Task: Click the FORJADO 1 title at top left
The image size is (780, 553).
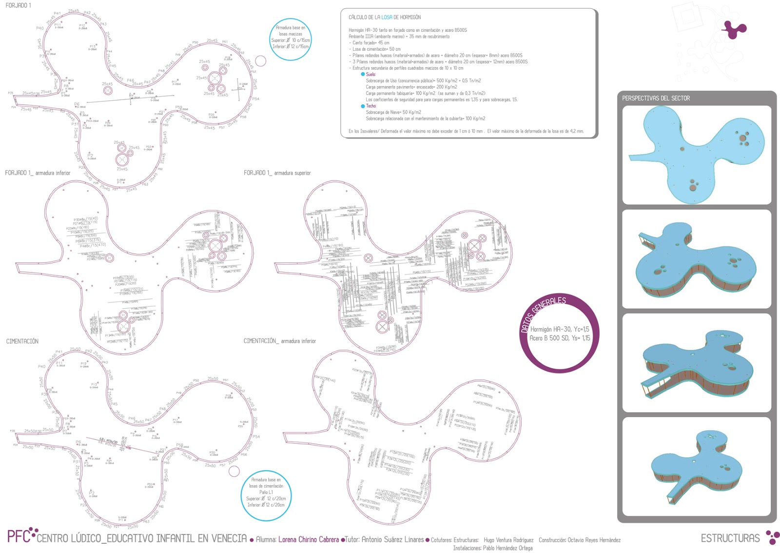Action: pyautogui.click(x=18, y=5)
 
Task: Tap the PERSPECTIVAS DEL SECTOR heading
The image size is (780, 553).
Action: pyautogui.click(x=656, y=99)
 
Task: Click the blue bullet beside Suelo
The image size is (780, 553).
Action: pyautogui.click(x=363, y=75)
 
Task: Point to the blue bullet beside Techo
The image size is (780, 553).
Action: pyautogui.click(x=363, y=106)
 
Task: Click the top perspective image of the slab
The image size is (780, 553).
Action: pyautogui.click(x=697, y=155)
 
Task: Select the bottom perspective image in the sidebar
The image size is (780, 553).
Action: pyautogui.click(x=697, y=467)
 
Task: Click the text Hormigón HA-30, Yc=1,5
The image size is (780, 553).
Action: pyautogui.click(x=559, y=330)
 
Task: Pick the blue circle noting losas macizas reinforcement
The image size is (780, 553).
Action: pyautogui.click(x=291, y=39)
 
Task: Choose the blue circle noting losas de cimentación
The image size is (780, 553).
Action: pyautogui.click(x=266, y=495)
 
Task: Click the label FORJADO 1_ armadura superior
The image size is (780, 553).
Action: pyautogui.click(x=277, y=173)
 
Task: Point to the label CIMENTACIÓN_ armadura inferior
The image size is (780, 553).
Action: pyautogui.click(x=279, y=341)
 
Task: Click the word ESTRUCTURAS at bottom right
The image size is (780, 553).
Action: pyautogui.click(x=730, y=538)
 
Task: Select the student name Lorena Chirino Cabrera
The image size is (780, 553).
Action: pyautogui.click(x=308, y=540)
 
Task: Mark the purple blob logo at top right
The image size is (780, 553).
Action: pyautogui.click(x=733, y=29)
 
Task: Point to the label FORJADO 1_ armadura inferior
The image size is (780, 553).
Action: pyautogui.click(x=38, y=173)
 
